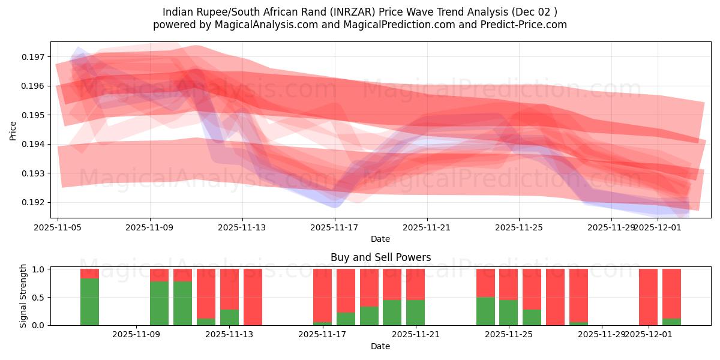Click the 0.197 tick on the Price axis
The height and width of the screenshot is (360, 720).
point(35,57)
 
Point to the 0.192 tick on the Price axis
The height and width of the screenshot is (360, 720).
point(35,202)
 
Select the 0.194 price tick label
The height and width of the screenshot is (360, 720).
point(35,144)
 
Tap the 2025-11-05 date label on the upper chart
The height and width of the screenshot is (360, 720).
point(58,227)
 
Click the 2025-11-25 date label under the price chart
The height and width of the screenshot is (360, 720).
point(519,227)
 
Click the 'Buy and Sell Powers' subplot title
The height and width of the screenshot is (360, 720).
point(380,257)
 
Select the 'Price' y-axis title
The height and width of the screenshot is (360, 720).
point(13,130)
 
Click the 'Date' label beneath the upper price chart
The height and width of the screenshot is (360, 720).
point(380,239)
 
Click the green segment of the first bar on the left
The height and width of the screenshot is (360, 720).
point(90,302)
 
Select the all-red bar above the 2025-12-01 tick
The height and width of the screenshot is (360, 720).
point(648,297)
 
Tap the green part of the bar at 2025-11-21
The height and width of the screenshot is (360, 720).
point(415,313)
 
